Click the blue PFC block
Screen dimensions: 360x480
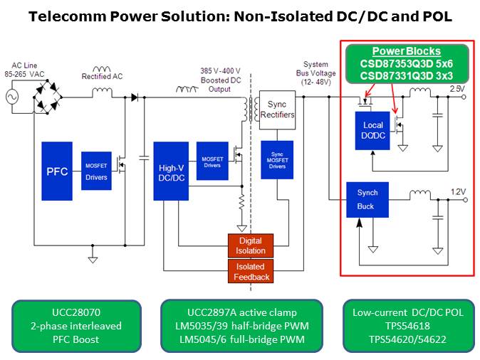[57, 171]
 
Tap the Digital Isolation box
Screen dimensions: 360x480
[250, 245]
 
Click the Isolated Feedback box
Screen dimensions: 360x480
[250, 270]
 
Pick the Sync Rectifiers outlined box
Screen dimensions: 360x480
[275, 109]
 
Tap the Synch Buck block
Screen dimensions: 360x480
[367, 200]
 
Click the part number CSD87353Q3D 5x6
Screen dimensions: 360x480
[407, 64]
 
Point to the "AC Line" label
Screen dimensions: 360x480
[22, 65]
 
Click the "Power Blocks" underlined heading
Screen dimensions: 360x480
[407, 51]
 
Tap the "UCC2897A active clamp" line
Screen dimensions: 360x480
[243, 312]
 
